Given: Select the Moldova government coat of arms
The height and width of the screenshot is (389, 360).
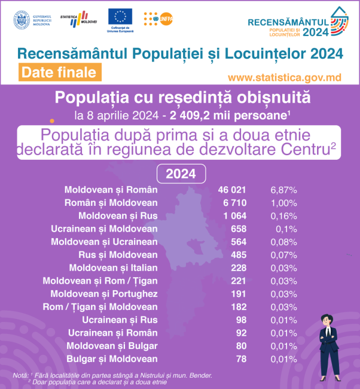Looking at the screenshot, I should coord(22,19).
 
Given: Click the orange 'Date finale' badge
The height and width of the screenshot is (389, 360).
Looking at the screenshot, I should coord(58,72).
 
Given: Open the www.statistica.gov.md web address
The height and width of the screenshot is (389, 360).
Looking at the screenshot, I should coord(285,77).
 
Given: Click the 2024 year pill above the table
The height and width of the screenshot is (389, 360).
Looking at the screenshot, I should coord(181,174).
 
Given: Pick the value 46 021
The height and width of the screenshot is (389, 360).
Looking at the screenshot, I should coord(232,189).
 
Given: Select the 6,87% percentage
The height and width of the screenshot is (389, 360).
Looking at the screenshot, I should coord(284,189).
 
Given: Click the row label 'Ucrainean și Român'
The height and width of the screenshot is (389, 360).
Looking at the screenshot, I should coord(112,333).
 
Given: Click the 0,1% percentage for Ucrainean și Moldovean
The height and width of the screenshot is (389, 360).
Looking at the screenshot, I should coord(281,229).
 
